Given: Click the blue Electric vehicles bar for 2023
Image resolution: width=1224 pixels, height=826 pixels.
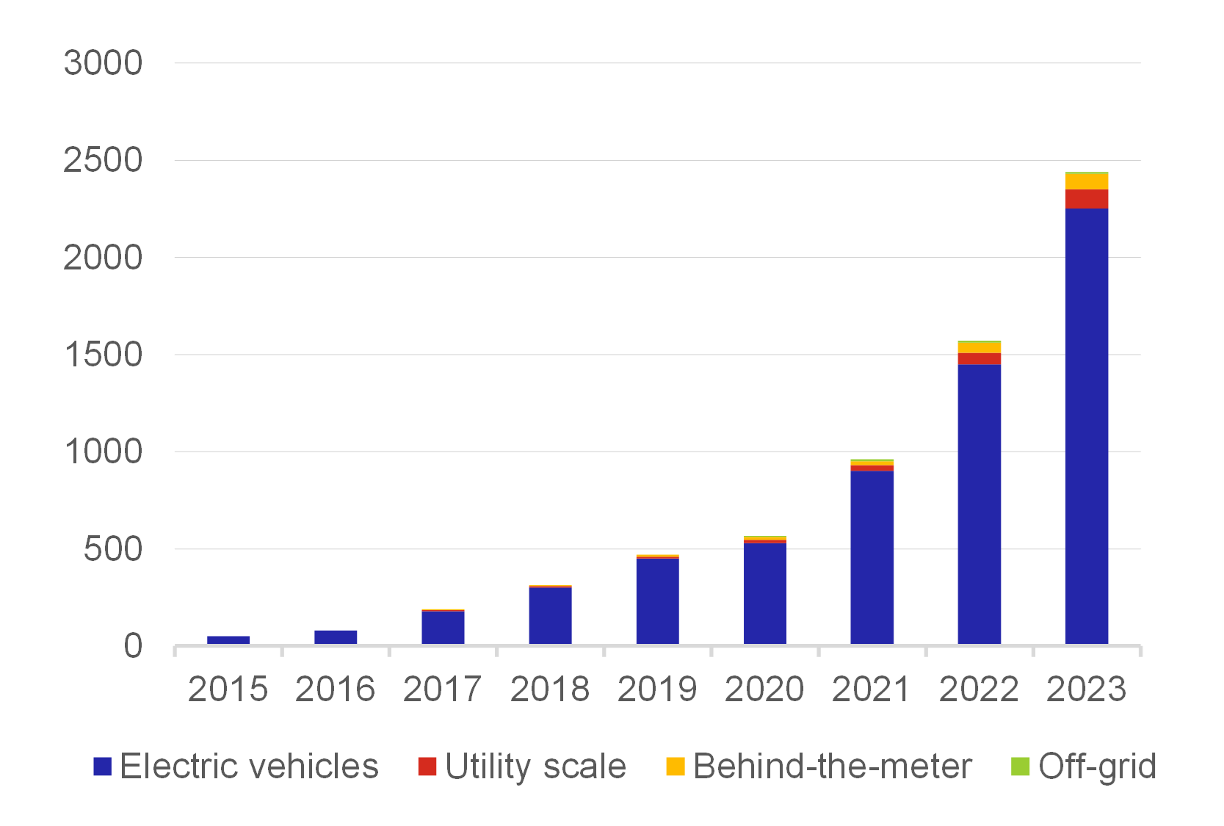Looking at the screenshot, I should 1086,426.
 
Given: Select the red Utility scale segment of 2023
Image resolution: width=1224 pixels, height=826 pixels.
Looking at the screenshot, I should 1086,199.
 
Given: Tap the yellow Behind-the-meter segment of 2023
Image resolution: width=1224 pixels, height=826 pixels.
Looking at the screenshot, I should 1086,181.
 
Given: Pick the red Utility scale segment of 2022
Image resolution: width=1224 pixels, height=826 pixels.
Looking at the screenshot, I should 979,358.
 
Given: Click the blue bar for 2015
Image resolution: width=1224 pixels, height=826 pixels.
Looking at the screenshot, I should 228,640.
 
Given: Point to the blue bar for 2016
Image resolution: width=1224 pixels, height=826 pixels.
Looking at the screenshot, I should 336,637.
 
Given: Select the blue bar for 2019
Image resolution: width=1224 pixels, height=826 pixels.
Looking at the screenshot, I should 657,601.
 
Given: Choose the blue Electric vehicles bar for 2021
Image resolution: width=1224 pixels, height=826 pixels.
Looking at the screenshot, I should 872,558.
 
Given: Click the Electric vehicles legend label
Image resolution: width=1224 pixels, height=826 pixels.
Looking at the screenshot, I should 249,767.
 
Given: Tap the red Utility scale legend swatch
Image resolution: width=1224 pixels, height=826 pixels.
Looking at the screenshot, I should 427,767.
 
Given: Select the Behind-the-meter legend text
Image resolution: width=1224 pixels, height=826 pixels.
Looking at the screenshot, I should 832,767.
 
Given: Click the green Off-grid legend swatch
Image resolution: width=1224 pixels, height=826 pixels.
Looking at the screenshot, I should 1021,767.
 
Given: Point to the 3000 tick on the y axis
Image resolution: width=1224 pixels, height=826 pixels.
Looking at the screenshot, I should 103,63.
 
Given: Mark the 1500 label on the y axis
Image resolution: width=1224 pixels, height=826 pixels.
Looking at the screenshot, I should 103,355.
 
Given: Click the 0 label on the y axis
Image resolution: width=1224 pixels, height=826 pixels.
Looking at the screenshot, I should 133,646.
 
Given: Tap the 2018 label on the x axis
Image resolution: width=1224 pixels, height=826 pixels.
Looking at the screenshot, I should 550,689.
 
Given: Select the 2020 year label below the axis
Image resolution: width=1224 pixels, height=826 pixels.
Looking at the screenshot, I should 764,689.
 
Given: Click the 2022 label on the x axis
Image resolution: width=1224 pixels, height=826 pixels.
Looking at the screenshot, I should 979,689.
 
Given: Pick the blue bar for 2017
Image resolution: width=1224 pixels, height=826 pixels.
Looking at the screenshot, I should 443,628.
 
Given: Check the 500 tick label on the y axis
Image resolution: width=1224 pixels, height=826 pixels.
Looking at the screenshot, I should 112,549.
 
